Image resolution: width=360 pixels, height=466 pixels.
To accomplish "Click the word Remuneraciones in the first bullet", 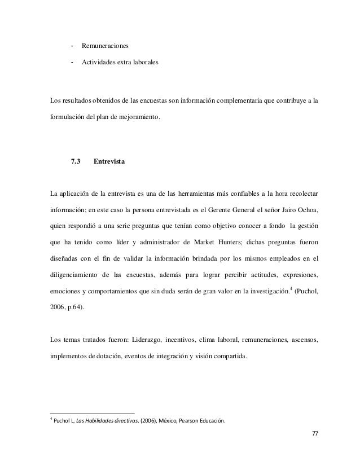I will tap(104, 45).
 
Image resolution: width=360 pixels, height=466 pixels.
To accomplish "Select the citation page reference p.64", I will tap(78, 308).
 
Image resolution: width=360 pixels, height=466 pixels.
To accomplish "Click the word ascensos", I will tap(302, 340).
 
